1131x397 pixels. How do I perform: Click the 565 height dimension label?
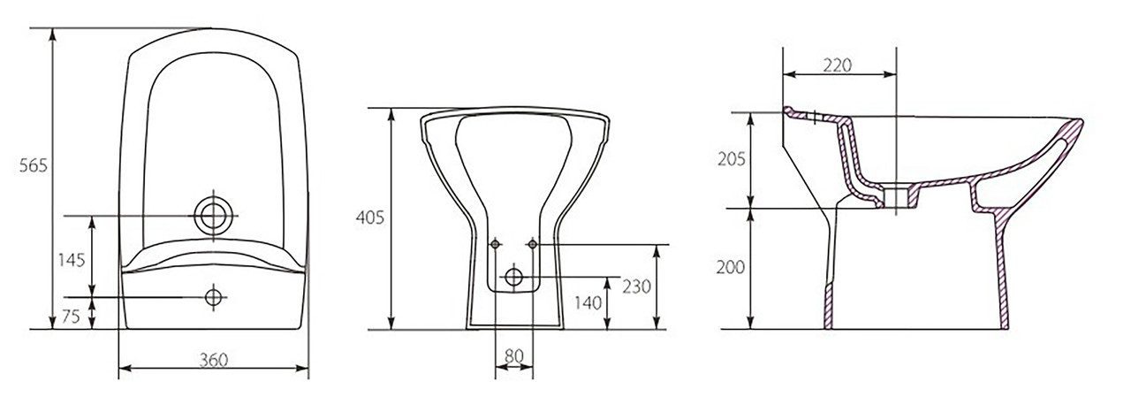click(33, 165)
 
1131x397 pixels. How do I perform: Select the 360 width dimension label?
click(213, 360)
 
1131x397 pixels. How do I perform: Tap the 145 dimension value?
click(72, 260)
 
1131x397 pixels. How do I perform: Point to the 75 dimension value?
click(72, 317)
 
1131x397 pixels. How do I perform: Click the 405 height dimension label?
click(369, 218)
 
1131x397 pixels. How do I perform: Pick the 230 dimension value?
click(636, 286)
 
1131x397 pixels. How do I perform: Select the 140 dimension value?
click(588, 303)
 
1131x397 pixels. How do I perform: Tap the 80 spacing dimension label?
click(514, 356)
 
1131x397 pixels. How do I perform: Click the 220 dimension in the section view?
click(837, 65)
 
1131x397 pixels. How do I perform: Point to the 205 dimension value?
click(731, 160)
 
